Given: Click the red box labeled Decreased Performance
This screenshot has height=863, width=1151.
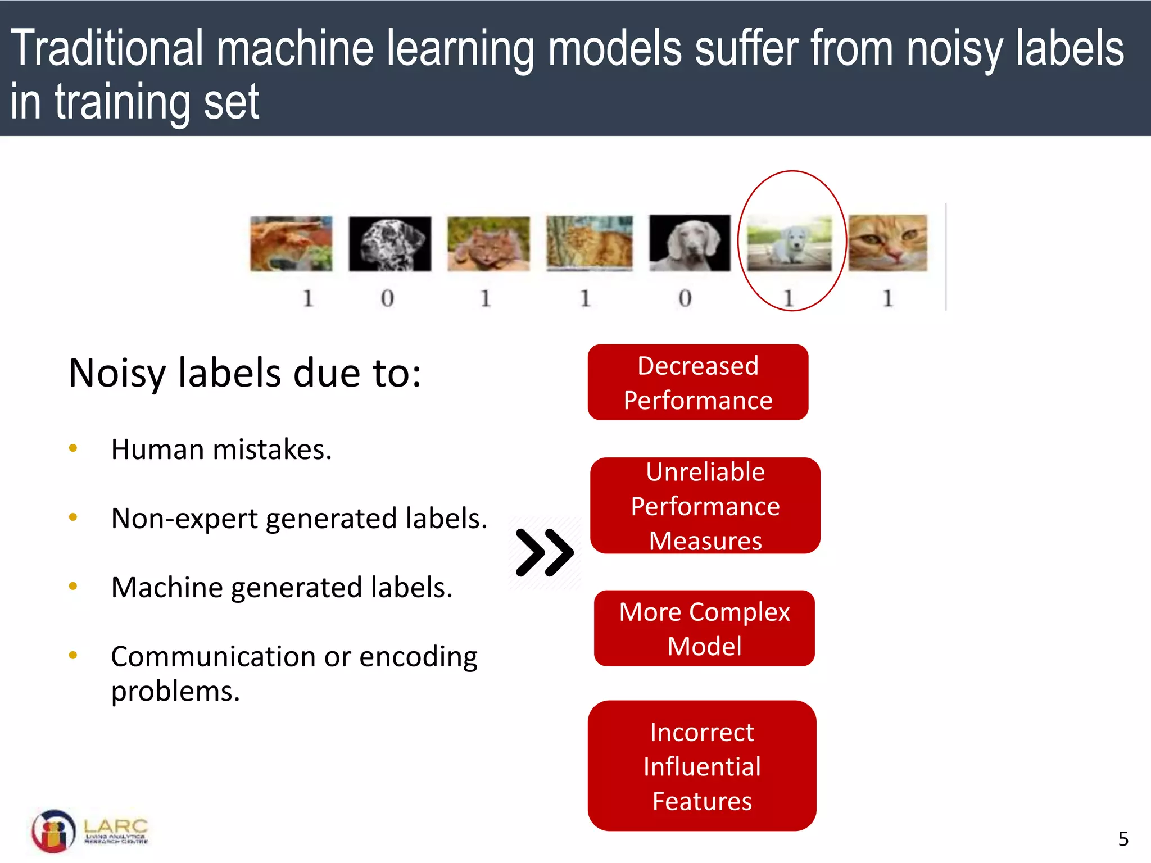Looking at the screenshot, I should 697,382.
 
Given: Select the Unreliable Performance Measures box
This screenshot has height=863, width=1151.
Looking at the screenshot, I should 705,506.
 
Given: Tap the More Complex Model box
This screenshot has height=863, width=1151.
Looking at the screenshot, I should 704,628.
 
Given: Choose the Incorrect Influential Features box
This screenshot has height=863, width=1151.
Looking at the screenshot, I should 702,766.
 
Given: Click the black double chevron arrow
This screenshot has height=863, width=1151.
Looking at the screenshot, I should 544,552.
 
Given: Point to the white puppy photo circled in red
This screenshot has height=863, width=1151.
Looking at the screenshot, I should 789,244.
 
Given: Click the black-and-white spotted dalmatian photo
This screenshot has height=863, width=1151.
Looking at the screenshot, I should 389,244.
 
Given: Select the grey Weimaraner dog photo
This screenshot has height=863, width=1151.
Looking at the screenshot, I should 690,243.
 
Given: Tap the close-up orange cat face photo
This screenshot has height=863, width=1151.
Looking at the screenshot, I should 887,243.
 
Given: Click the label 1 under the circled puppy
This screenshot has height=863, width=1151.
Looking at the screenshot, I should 789,298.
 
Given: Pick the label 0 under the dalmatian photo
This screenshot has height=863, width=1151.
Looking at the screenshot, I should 387,298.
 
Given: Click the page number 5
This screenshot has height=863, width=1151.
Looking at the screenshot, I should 1123,839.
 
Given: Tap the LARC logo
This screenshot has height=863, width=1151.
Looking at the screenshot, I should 90,831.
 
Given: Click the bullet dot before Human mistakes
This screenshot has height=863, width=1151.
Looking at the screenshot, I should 72,448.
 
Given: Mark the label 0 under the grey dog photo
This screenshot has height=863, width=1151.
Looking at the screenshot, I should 685,298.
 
